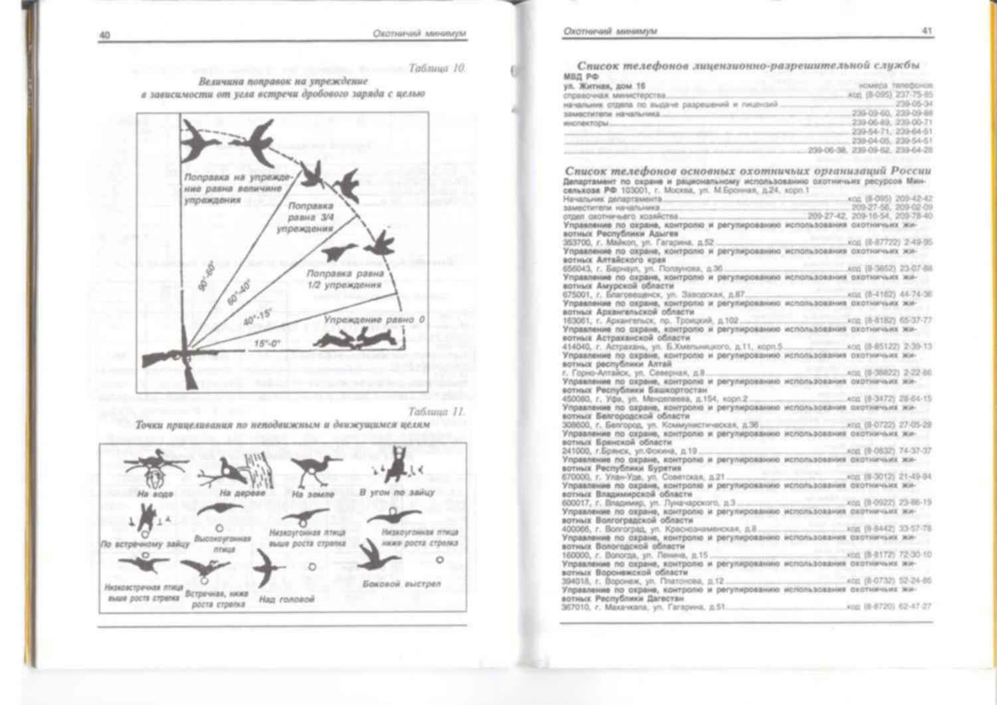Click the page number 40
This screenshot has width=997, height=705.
coord(104,35)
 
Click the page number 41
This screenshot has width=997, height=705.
coord(927,31)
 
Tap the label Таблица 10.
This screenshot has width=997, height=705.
coord(437,68)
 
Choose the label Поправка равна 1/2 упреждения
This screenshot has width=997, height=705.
coord(345,279)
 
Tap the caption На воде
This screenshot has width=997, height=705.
coord(155,494)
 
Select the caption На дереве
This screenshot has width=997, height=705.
coord(241,493)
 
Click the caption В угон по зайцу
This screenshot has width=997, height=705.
coord(397,492)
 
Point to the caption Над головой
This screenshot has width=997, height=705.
coord(286,599)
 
